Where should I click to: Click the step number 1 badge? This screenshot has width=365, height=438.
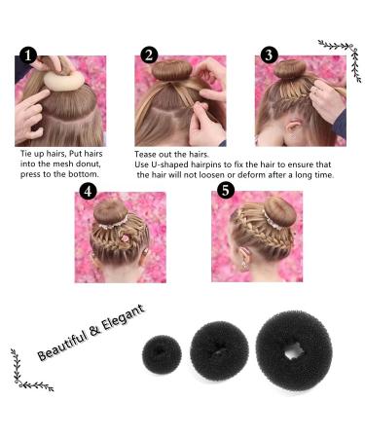point(28,55)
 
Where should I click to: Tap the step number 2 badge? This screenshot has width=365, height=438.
point(149,55)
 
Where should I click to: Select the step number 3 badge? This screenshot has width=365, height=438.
point(269,55)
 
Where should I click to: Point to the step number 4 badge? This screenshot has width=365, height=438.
point(88,191)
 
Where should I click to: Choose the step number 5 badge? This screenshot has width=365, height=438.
point(226,190)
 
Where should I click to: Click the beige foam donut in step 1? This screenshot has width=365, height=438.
point(64,81)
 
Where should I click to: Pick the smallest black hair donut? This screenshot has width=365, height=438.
point(162,354)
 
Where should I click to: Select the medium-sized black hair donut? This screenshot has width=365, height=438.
point(219,350)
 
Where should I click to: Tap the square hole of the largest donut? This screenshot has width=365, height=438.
point(294,351)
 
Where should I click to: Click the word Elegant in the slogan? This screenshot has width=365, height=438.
point(123,318)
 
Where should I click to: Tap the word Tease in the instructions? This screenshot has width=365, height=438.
point(146,154)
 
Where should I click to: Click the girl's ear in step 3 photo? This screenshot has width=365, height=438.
point(294,128)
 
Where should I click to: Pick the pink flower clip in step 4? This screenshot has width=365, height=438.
point(125,238)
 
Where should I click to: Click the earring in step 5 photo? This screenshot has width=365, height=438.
point(243,267)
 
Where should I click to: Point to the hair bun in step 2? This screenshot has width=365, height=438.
point(172,70)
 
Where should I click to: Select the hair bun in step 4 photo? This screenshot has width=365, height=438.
point(111,212)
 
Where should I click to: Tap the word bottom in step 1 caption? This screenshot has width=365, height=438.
point(83,174)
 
